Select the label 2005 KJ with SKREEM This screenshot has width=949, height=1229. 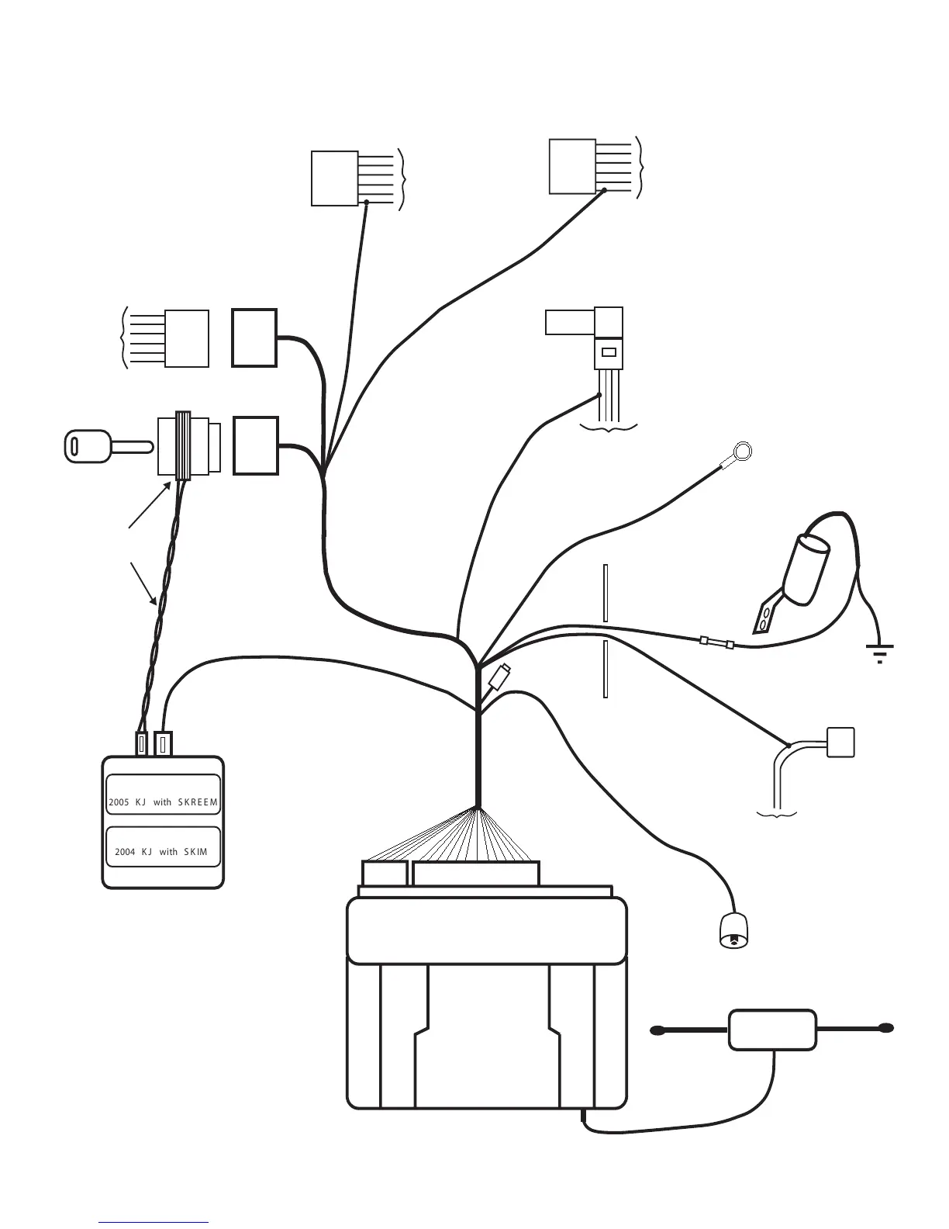tap(163, 801)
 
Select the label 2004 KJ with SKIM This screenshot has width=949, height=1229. tap(161, 851)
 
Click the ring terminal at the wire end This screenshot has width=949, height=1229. tap(742, 451)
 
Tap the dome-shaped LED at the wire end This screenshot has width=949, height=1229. tap(733, 931)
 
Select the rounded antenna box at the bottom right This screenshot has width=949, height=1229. tap(772, 1030)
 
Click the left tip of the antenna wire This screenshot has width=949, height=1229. tap(658, 1030)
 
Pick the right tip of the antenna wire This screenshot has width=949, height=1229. tap(885, 1029)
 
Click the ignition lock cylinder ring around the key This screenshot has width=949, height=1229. tap(183, 446)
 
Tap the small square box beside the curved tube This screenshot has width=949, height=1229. tap(840, 743)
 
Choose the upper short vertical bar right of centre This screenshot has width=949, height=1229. tap(606, 594)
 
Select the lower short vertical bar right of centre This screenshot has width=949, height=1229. tap(606, 669)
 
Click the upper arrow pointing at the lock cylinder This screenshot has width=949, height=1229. tap(150, 505)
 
